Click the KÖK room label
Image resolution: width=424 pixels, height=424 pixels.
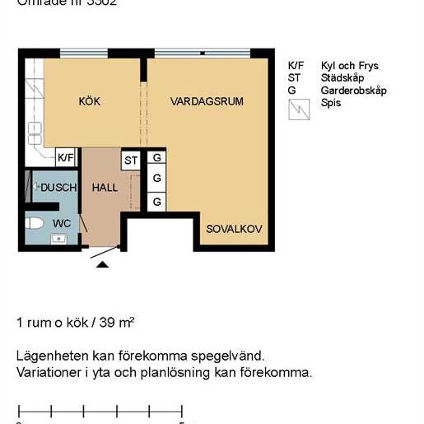click(89, 102)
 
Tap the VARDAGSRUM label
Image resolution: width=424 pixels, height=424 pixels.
click(207, 102)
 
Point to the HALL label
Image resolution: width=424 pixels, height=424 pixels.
click(105, 188)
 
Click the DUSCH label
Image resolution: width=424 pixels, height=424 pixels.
click(58, 188)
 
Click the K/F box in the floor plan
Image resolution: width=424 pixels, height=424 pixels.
click(66, 157)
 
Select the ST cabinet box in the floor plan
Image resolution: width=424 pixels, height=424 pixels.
click(130, 160)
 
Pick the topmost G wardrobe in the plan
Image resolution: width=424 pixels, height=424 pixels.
click(156, 158)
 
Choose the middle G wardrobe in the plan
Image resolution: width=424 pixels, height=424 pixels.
click(156, 179)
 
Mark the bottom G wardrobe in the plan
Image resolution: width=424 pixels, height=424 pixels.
click(156, 200)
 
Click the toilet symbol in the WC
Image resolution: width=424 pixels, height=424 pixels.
click(35, 223)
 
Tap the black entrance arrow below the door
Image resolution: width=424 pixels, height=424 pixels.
click(102, 264)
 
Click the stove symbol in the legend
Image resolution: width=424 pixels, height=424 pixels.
click(297, 109)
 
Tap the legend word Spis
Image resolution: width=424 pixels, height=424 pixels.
click(330, 103)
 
